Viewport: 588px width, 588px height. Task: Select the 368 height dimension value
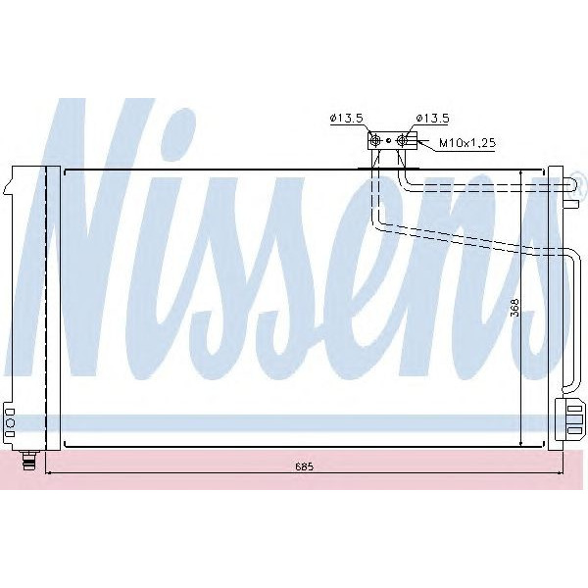tap(513, 306)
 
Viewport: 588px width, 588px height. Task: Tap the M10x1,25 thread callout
tap(466, 143)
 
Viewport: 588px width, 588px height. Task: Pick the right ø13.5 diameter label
tap(431, 119)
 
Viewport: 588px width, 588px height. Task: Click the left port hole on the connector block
tap(375, 141)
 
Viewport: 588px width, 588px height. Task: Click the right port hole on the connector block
tap(401, 141)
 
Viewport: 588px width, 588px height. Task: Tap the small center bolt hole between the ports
tap(388, 141)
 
